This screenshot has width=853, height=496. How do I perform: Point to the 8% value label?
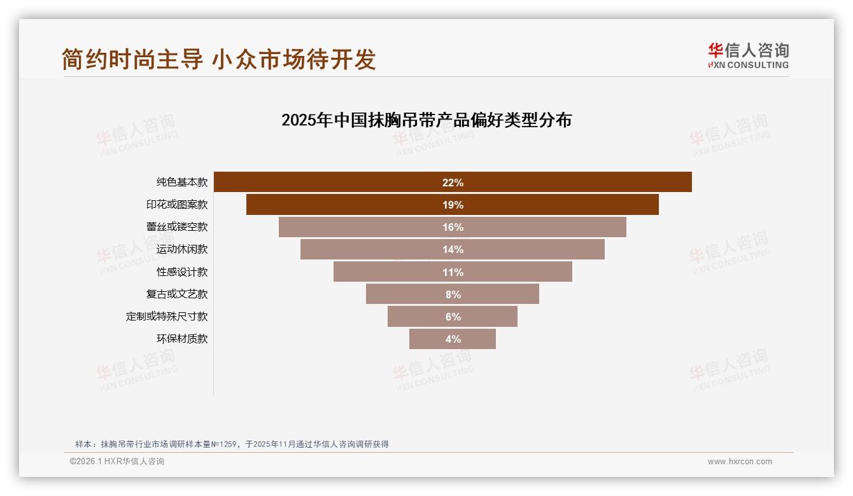pos(453,294)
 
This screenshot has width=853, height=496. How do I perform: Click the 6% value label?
pos(453,317)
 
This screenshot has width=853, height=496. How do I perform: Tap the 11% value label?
pos(453,272)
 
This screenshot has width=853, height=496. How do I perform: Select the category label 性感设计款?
pos(182,272)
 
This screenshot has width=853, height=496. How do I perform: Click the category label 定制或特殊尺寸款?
pos(167,317)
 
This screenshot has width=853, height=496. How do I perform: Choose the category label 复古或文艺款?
pos(177,294)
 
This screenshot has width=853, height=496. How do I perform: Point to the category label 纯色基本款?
pos(182,183)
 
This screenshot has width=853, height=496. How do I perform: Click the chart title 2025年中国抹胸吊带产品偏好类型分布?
pos(427,120)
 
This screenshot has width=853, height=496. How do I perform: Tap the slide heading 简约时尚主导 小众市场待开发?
pos(219,59)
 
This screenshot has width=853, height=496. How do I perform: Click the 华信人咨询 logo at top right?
pos(748,56)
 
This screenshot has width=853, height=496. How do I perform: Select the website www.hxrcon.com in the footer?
pos(740,462)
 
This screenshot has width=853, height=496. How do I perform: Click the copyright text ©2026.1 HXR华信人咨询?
pos(117,462)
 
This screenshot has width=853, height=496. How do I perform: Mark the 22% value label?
pos(453,183)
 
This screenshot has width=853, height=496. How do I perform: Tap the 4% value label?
pos(453,339)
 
